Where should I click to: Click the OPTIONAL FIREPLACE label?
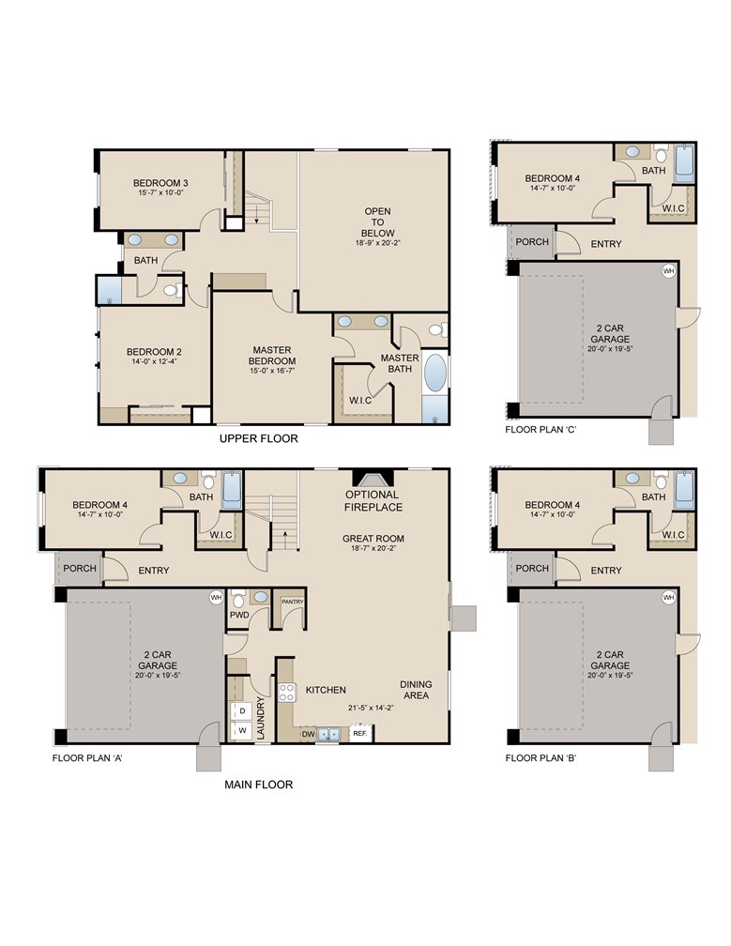373,501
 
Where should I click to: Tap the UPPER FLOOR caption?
259,438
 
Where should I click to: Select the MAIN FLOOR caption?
258,785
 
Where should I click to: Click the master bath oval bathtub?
435,373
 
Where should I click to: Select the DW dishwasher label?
307,735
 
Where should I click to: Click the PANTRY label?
293,602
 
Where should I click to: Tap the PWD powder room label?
239,616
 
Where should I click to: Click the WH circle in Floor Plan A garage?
216,597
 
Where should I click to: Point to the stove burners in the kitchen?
286,692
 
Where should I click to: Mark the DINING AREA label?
415,690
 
